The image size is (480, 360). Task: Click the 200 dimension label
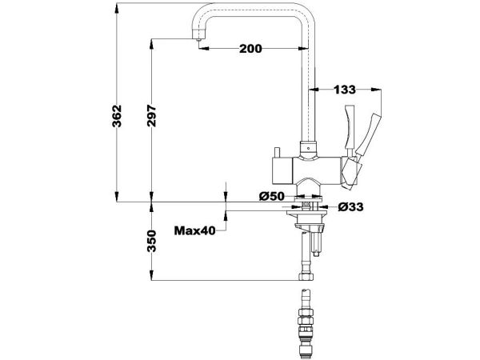[x=250, y=48]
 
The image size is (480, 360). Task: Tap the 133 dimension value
[x=345, y=90]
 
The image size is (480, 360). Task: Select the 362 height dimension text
[x=117, y=116]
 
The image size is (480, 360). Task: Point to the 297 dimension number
[x=151, y=116]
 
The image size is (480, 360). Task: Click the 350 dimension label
[x=151, y=242]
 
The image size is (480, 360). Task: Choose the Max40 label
[x=195, y=230]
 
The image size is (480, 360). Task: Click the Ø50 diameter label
[x=272, y=196]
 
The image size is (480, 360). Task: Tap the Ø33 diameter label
[x=351, y=207]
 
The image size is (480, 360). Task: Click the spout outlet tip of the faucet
[x=198, y=39]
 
